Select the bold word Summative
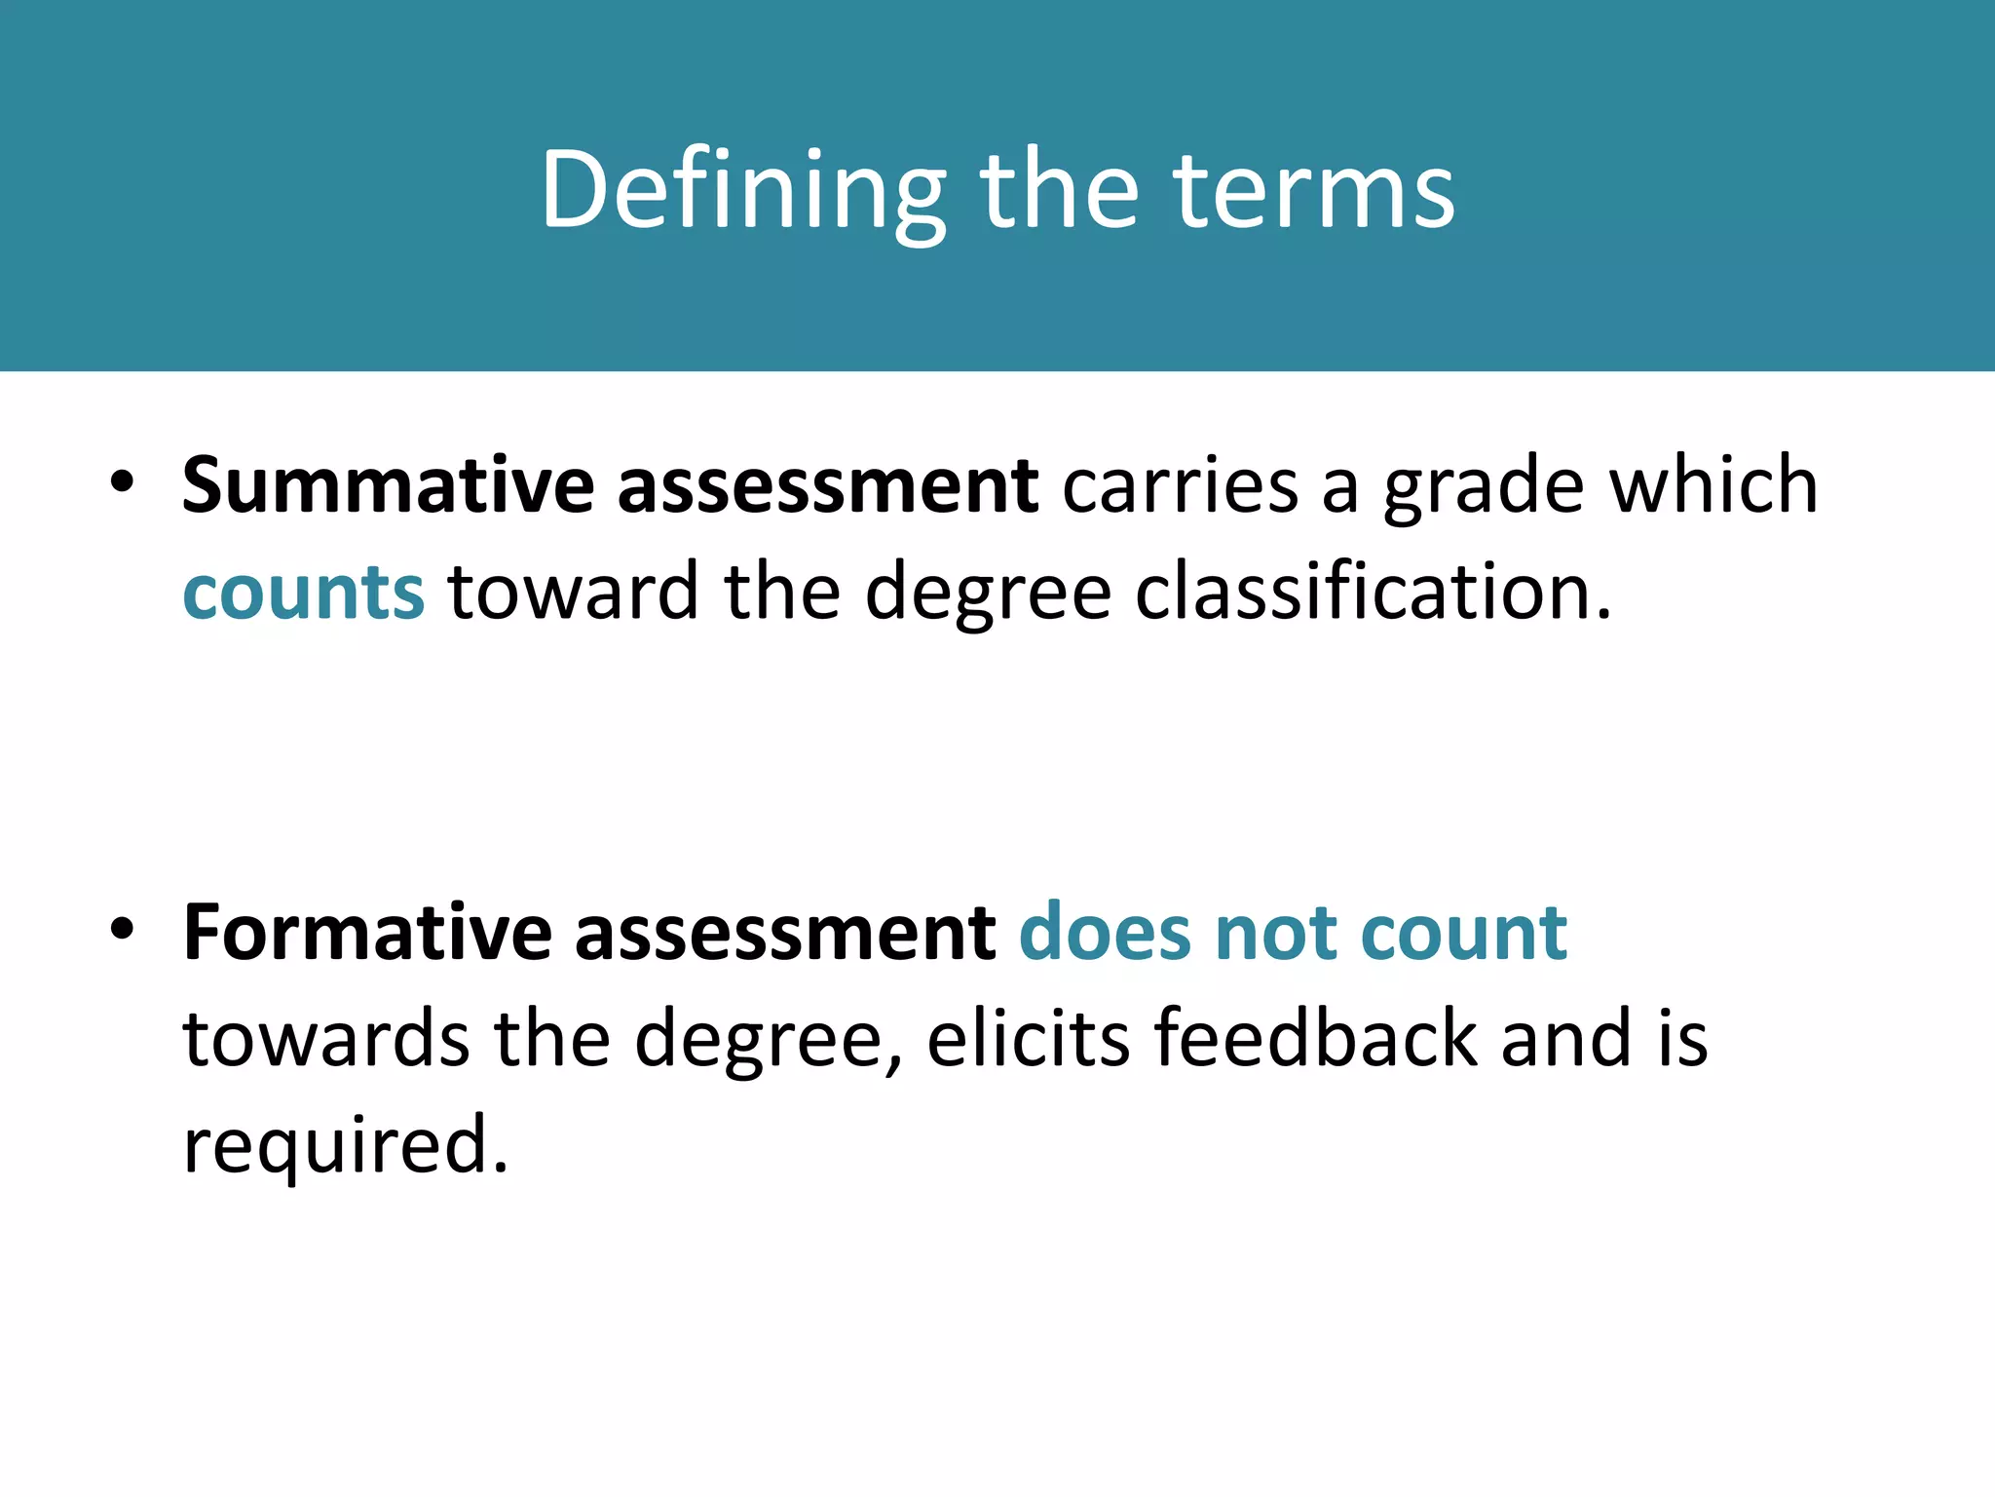click(x=387, y=485)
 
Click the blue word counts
click(x=303, y=592)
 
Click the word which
click(x=1713, y=485)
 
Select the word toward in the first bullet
click(x=574, y=592)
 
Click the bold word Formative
click(x=367, y=933)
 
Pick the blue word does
click(x=1105, y=933)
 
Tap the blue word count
click(x=1463, y=933)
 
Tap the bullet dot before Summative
click(x=121, y=483)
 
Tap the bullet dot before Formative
click(x=121, y=931)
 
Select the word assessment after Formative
click(x=785, y=933)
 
